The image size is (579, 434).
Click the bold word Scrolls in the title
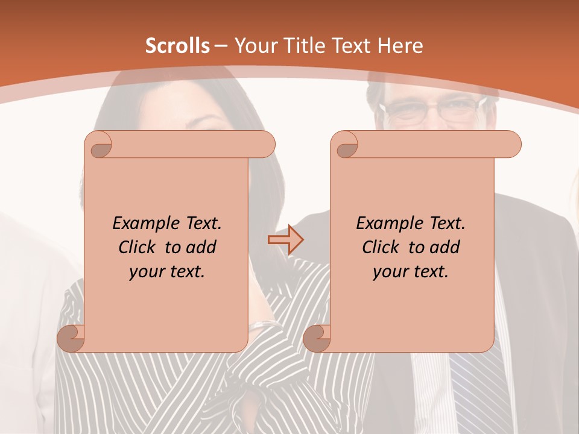point(177,46)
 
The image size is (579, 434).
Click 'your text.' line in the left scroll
point(166,272)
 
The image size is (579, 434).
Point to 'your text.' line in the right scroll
point(410,272)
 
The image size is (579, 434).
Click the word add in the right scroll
point(445,247)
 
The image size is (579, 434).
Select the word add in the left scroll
point(201,247)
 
